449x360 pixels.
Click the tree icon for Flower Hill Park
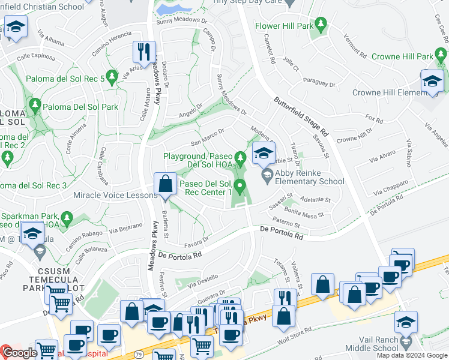[x=321, y=25]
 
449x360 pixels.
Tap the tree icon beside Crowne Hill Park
[x=441, y=56]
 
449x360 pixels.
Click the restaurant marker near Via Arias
[x=143, y=52]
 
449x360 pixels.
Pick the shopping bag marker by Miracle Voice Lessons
[x=165, y=184]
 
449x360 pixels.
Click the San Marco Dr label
[x=207, y=137]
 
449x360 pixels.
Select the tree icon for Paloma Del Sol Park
[x=35, y=106]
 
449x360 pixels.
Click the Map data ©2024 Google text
[x=412, y=355]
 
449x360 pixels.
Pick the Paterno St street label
[x=298, y=224]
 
